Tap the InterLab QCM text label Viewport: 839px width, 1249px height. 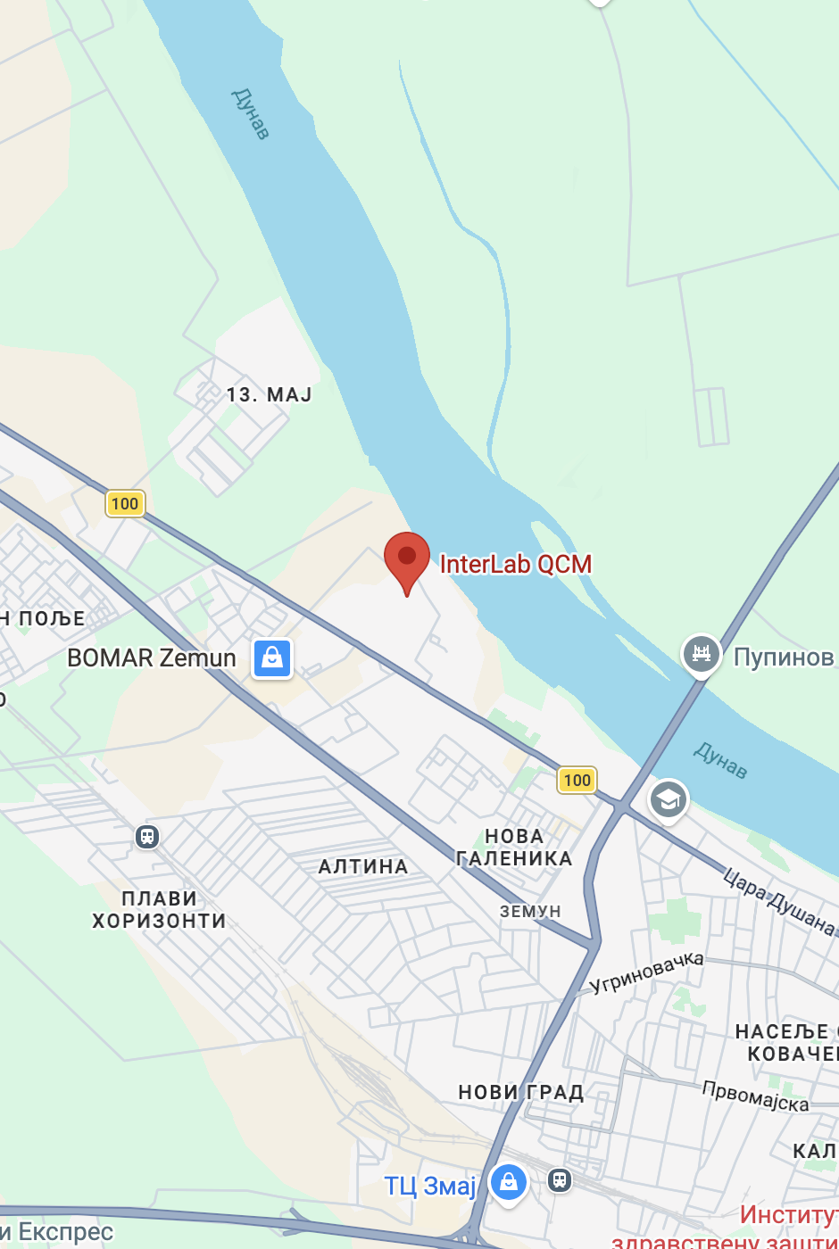[516, 565]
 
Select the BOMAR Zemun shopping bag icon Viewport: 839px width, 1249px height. [272, 659]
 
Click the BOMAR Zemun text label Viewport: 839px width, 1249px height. [152, 658]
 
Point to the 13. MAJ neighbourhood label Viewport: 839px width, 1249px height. [269, 394]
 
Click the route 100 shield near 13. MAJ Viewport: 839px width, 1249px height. [125, 503]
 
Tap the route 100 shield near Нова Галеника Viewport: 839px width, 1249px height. [577, 780]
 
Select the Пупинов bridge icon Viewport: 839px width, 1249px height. [702, 655]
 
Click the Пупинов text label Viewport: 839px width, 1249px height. [784, 658]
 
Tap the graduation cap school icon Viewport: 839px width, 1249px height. [668, 799]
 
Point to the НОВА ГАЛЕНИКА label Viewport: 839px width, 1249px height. [514, 848]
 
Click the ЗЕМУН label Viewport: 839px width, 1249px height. [530, 911]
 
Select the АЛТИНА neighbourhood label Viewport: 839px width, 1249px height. [363, 866]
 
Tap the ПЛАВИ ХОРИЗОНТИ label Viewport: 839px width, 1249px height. [159, 909]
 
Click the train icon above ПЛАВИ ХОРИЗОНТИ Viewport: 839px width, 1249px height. [147, 837]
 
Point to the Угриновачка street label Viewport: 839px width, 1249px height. [647, 972]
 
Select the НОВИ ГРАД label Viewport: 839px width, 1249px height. [520, 1092]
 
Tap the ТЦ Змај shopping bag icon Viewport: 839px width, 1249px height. [509, 1183]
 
